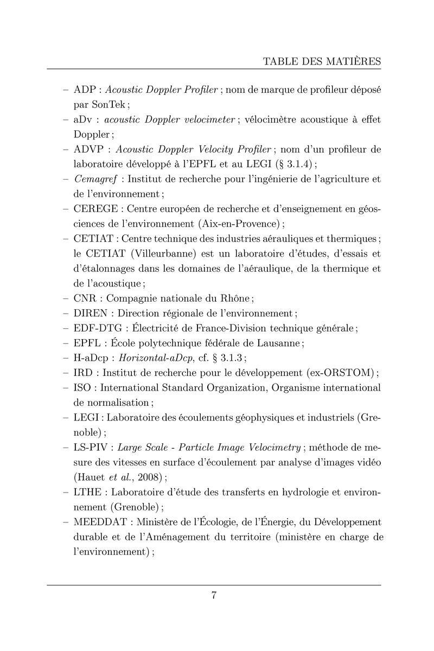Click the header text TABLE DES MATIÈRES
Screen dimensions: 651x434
(x=322, y=60)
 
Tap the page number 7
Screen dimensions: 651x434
(x=214, y=596)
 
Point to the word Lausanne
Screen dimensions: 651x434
(x=277, y=343)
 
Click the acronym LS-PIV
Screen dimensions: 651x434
(x=92, y=448)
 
